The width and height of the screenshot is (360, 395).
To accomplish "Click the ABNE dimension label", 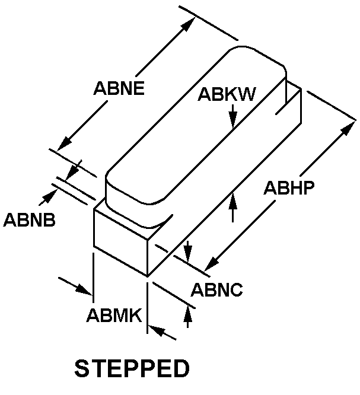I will [120, 88].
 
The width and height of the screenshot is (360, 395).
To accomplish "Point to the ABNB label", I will [30, 220].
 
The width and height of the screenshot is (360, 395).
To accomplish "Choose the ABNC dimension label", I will [216, 291].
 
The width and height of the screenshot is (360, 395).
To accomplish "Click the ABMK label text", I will [114, 315].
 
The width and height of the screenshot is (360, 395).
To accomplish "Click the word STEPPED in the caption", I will [132, 368].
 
